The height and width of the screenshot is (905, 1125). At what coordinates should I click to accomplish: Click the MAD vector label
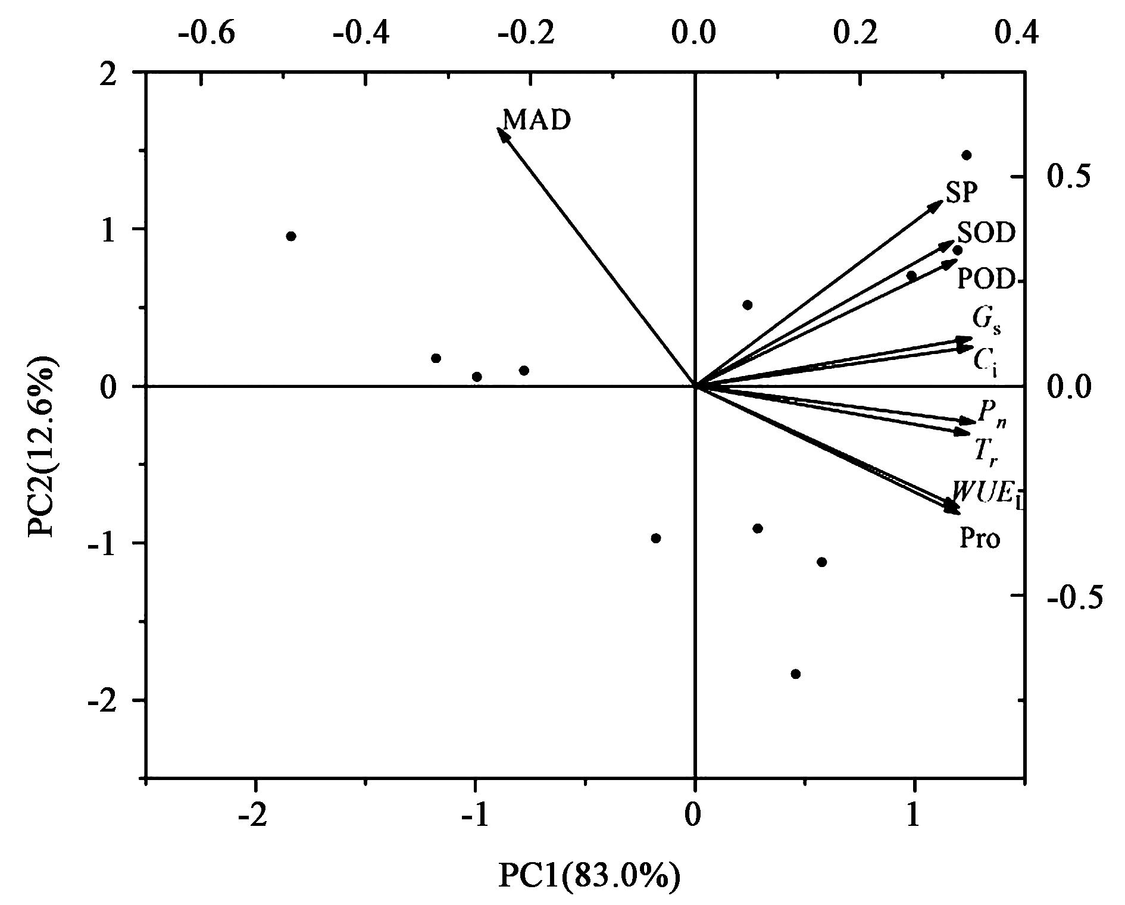point(537,120)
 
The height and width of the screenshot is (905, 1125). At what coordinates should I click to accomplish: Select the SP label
point(961,193)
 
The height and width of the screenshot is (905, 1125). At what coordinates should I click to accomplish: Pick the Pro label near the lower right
point(979,538)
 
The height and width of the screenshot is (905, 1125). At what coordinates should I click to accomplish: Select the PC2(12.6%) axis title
point(43,446)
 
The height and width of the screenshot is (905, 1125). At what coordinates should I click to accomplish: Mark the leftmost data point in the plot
point(291,236)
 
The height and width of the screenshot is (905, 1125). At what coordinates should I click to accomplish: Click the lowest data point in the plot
point(795,674)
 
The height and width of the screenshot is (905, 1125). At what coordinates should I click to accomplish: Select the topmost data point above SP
point(967,155)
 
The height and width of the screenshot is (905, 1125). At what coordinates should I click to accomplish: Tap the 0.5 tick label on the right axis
point(1069,177)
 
